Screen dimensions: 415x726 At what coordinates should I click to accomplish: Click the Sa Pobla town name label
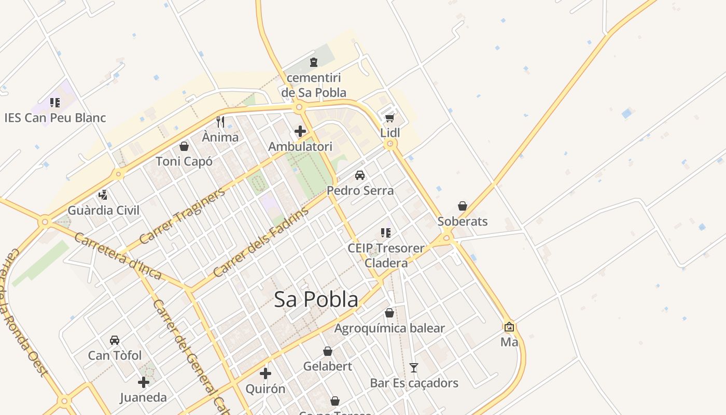click(316, 299)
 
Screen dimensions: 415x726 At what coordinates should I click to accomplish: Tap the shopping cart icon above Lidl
click(390, 118)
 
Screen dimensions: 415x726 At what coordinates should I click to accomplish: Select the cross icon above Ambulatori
click(300, 131)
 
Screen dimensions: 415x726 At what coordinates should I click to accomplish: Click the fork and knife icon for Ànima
click(220, 122)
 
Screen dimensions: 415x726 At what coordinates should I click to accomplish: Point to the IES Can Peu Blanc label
click(55, 118)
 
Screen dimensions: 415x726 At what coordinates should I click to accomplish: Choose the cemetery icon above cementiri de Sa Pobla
click(313, 62)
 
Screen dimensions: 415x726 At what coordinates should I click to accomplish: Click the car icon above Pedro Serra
click(360, 175)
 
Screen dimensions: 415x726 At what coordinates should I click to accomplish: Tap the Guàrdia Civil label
click(104, 210)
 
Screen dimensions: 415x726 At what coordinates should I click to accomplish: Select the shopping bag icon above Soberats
click(463, 206)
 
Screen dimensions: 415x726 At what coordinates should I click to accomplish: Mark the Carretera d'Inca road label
click(117, 256)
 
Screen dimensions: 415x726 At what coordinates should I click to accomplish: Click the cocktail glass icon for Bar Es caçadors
click(414, 368)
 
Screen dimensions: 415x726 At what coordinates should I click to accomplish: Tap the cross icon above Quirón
click(266, 374)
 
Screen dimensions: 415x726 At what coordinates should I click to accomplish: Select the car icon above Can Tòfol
click(115, 340)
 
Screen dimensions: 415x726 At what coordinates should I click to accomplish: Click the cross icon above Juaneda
click(144, 383)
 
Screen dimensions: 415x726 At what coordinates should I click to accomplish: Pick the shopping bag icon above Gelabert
click(328, 351)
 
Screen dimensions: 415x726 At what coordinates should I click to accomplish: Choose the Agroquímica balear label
click(389, 328)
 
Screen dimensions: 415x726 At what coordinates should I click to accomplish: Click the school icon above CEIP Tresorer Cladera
click(386, 232)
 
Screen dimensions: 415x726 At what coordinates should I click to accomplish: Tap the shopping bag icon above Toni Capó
click(184, 146)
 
